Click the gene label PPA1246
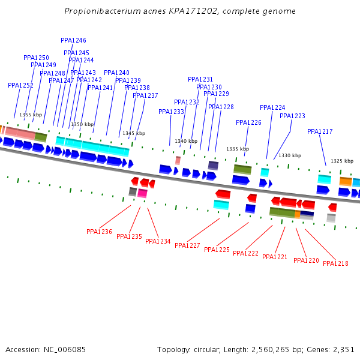coord(73,40)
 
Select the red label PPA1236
coord(99,232)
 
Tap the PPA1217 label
coord(320,131)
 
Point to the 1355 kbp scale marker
coord(31,115)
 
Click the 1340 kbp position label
coord(186,142)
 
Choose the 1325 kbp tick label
coord(342,161)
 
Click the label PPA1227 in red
coord(187,245)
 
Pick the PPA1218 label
coord(335,263)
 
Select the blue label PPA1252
coord(20,85)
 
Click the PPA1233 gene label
coord(171,112)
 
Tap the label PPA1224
coord(272,107)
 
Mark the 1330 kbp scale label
coord(290,155)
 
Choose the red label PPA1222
coord(245,253)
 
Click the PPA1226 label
coord(248,122)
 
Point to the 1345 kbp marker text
coord(134,133)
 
